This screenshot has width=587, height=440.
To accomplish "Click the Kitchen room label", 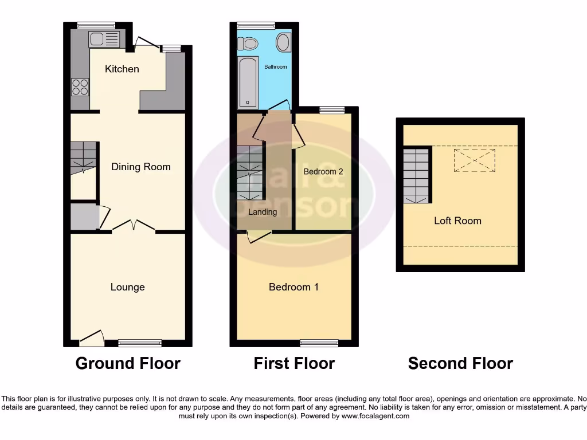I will pyautogui.click(x=122, y=69).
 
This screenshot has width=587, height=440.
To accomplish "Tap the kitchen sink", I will pyautogui.click(x=104, y=39).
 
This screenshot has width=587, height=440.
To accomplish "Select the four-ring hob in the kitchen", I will pyautogui.click(x=80, y=87).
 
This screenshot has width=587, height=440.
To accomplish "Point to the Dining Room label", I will pyautogui.click(x=141, y=167).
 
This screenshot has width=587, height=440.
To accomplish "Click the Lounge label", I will pyautogui.click(x=127, y=287).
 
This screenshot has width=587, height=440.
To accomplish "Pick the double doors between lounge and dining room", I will pyautogui.click(x=134, y=226).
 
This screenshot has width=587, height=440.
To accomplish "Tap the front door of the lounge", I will pyautogui.click(x=92, y=339).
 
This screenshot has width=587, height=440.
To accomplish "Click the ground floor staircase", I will pyautogui.click(x=83, y=156).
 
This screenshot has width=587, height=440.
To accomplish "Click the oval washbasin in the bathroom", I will pyautogui.click(x=283, y=42).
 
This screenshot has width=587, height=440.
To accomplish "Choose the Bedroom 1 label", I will pyautogui.click(x=293, y=287).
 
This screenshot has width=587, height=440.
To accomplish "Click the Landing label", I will pyautogui.click(x=263, y=212).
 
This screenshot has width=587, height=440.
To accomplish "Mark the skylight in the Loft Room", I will pyautogui.click(x=474, y=160).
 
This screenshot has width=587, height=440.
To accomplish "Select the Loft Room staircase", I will pyautogui.click(x=416, y=175).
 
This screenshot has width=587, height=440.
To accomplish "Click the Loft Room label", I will pyautogui.click(x=457, y=221).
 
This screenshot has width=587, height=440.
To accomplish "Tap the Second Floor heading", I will pyautogui.click(x=460, y=363).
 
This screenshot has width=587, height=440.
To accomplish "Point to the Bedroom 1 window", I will pyautogui.click(x=319, y=343).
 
